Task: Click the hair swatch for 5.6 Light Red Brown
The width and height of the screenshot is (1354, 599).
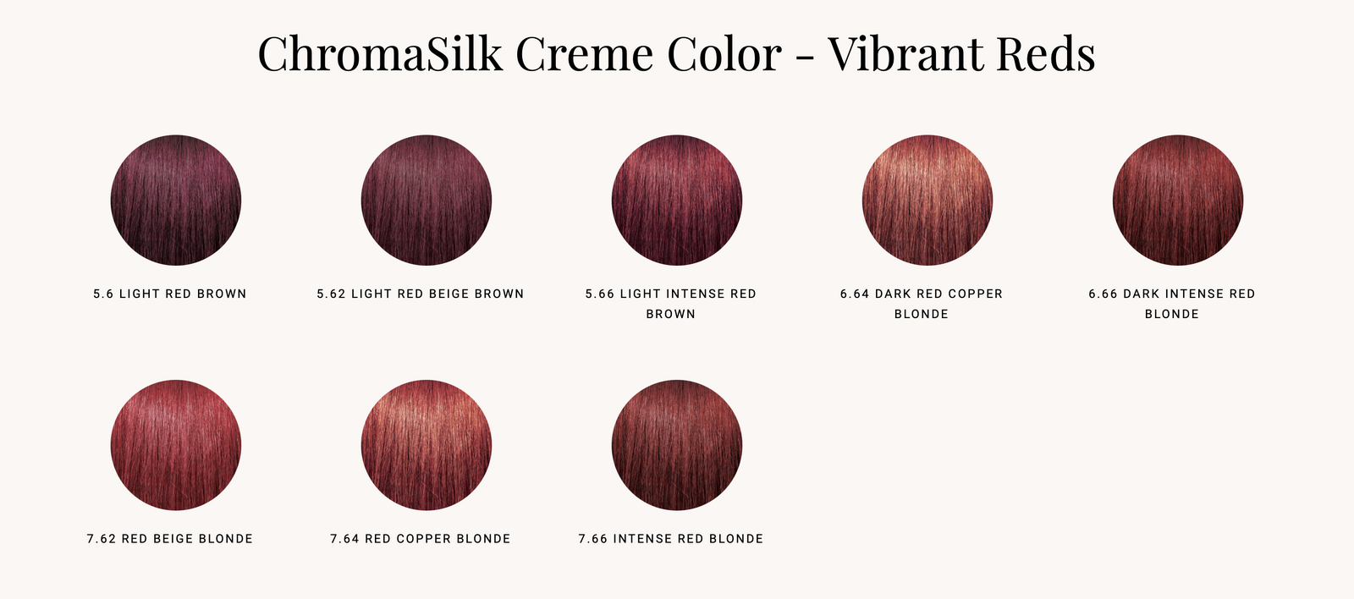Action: [x=176, y=200]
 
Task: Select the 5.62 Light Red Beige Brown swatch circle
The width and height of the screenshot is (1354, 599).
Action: [x=427, y=200]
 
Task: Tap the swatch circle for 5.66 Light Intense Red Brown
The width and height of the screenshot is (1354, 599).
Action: [x=677, y=200]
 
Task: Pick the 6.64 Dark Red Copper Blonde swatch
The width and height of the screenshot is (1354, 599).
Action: [x=927, y=200]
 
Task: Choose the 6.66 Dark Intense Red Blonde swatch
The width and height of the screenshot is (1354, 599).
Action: [x=1178, y=200]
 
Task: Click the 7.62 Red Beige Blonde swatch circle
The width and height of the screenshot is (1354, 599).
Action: [x=176, y=445]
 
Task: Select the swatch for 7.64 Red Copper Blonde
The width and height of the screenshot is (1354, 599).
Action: [x=427, y=445]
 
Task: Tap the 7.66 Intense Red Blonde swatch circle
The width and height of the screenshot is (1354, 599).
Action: [x=677, y=445]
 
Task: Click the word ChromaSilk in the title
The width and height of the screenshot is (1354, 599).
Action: [x=380, y=53]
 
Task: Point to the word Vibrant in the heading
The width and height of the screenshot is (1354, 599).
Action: [x=904, y=53]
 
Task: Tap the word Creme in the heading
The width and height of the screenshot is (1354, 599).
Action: [x=585, y=53]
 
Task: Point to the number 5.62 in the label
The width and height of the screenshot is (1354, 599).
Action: [x=331, y=294]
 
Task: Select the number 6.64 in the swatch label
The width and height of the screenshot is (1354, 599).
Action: [x=854, y=294]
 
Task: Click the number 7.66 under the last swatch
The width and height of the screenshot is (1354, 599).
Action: [x=592, y=539]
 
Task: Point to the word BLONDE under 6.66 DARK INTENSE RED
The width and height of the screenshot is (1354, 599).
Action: [x=1171, y=315]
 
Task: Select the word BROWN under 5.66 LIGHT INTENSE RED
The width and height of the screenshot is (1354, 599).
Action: [x=671, y=315]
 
